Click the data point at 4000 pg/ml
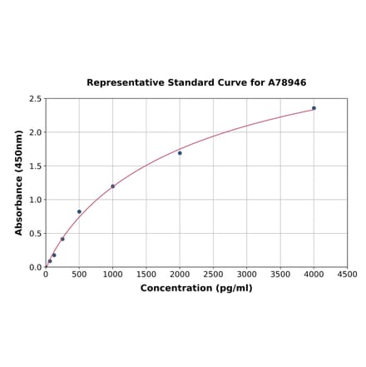tap(314, 108)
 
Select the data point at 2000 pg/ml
tap(180, 153)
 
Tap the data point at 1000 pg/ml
tap(113, 186)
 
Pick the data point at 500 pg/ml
tap(80, 211)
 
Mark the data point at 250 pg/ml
tap(62, 239)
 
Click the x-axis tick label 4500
tap(347, 274)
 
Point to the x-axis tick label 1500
tap(146, 274)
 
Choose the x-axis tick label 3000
tap(247, 274)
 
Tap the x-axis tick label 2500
tap(214, 274)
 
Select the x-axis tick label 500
tap(79, 274)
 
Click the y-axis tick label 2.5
tap(36, 99)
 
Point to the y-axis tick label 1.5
tap(36, 166)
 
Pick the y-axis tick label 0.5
tap(36, 234)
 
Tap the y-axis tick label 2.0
tap(36, 132)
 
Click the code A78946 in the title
tap(286, 83)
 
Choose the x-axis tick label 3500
tap(280, 274)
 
